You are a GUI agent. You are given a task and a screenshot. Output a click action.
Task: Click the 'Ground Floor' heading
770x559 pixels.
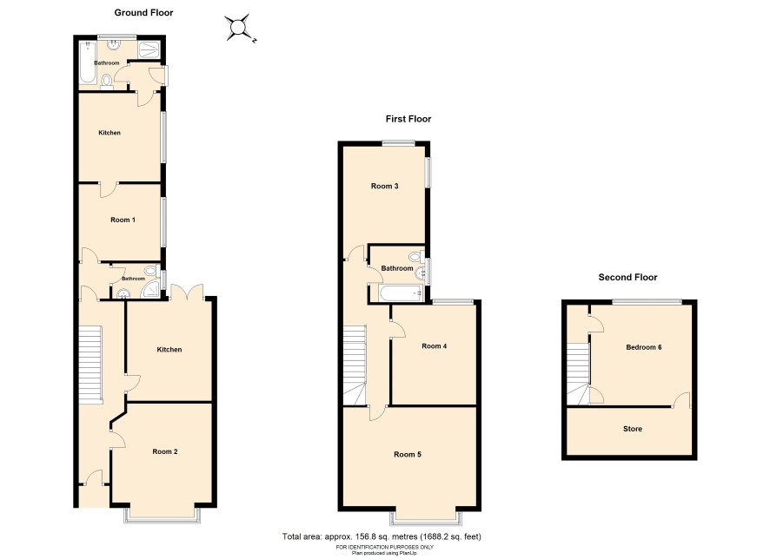click(x=143, y=13)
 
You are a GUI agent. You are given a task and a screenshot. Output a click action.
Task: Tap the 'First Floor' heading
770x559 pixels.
click(x=408, y=119)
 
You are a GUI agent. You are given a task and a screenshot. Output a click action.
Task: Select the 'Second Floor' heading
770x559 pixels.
click(x=627, y=277)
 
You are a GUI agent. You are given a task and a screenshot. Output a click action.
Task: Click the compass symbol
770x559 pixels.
click(x=240, y=28)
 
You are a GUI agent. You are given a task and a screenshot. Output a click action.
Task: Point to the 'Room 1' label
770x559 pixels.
click(x=123, y=220)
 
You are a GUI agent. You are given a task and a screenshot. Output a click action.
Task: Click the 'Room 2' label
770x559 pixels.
click(x=165, y=451)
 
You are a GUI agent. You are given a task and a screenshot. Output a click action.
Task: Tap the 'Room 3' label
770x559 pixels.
click(x=384, y=186)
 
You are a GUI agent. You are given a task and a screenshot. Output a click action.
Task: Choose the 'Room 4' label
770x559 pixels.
click(x=435, y=346)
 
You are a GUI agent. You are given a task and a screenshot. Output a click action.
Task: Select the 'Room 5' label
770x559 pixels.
click(x=408, y=455)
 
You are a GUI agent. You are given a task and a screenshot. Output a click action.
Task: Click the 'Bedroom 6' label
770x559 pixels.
click(x=644, y=347)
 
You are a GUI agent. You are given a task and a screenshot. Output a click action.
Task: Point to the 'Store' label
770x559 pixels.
click(x=633, y=429)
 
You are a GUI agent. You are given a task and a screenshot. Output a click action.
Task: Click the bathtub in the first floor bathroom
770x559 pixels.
click(x=401, y=293)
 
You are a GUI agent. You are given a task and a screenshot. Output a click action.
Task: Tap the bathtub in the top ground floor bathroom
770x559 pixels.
click(x=88, y=62)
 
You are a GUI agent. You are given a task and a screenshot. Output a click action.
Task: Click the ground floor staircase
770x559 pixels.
click(x=90, y=365)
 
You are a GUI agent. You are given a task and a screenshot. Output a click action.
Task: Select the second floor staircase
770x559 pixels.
click(x=579, y=373)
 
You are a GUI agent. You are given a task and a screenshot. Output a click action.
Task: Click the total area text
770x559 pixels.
click(x=382, y=536)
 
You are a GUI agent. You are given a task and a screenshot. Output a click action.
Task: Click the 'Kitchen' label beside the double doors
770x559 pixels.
click(x=169, y=350)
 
